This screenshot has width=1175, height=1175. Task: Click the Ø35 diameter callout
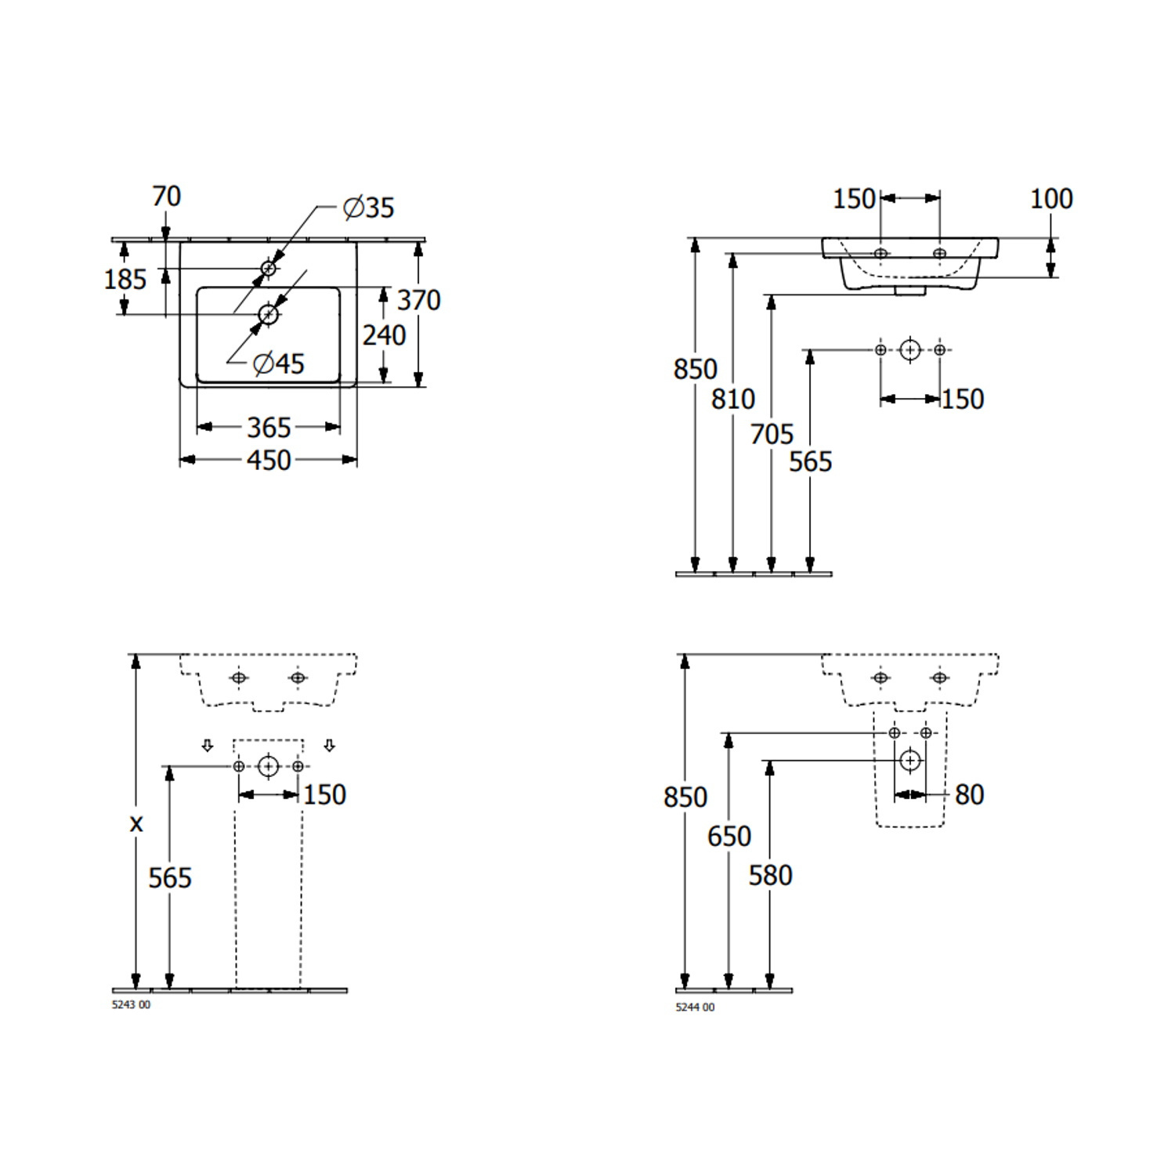tap(369, 208)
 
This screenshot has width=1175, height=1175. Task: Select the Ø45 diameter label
tap(280, 363)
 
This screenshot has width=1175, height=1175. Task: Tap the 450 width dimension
tap(269, 461)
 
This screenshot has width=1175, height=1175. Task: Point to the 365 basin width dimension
tap(269, 428)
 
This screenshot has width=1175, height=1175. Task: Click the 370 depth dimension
tap(419, 300)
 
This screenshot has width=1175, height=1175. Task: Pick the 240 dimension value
tap(384, 335)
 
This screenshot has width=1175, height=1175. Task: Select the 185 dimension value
tap(125, 279)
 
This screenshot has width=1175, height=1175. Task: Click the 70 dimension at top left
tap(166, 197)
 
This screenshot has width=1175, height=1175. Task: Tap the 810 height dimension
tap(732, 399)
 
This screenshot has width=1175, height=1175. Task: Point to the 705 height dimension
tap(772, 434)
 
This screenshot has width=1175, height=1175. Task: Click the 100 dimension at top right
tap(1050, 199)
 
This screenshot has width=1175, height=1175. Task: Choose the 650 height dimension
tap(728, 837)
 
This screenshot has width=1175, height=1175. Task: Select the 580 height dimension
tap(770, 876)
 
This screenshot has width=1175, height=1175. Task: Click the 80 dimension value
tap(969, 795)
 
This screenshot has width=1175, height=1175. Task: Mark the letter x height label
tap(136, 824)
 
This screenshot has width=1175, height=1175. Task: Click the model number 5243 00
tap(132, 1005)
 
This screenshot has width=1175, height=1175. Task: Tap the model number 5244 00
tap(695, 1007)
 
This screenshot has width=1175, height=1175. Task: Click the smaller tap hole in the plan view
tap(269, 268)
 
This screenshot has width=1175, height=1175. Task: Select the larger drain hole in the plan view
tap(269, 315)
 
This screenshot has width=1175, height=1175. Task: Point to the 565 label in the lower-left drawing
tap(170, 878)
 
